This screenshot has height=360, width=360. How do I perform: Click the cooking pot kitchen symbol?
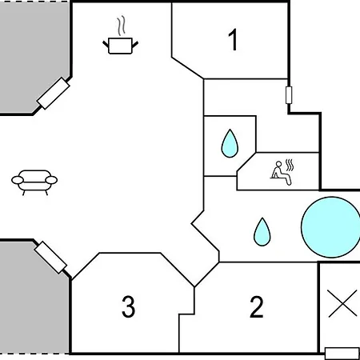point(121,46)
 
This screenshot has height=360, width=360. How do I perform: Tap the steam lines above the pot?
point(121,26)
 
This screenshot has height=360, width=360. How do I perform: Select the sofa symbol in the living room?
point(34,182)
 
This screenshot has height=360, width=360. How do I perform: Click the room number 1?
point(233,39)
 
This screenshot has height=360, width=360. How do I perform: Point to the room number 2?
point(257,306)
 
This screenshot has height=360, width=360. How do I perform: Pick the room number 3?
point(129,306)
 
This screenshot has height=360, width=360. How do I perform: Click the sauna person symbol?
point(281,174)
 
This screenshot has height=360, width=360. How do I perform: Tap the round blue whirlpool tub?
point(330,227)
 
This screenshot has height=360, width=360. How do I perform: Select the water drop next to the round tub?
point(262,232)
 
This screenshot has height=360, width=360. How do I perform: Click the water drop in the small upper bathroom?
point(230,143)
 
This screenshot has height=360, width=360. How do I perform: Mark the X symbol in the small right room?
point(342,304)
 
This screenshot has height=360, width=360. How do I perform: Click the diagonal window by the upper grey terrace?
point(54,93)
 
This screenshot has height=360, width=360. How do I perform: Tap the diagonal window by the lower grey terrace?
point(50,258)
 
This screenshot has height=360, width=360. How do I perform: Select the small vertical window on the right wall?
point(289,95)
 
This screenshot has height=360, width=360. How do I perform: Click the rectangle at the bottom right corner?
point(342,354)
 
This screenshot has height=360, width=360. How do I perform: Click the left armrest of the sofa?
point(18,180)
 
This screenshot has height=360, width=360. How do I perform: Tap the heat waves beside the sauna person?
point(290,165)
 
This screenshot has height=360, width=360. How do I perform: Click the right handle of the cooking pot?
point(135,45)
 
